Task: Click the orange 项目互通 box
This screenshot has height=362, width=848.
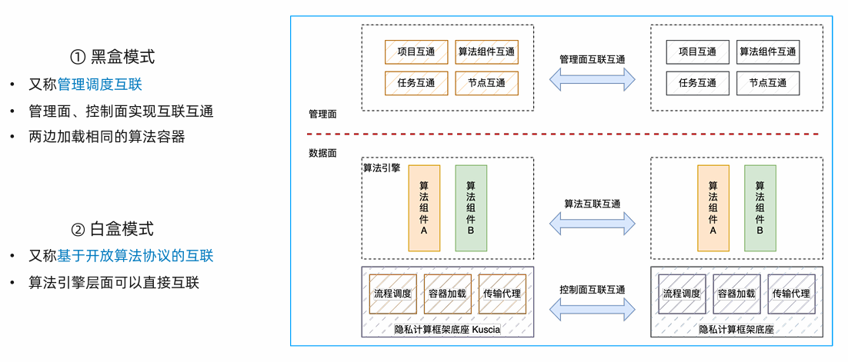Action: point(416,52)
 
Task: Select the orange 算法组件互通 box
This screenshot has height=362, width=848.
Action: point(486,52)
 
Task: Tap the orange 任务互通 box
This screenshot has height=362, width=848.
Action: point(416,83)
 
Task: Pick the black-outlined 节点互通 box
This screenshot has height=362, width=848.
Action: point(767,83)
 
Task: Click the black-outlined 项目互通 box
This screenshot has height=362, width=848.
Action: point(697,52)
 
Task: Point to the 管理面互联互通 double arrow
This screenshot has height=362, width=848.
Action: point(592,78)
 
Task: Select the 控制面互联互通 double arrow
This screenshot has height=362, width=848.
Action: point(592,308)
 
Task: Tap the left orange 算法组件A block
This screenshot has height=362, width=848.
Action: point(424,208)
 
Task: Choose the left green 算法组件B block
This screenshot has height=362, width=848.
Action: point(471,208)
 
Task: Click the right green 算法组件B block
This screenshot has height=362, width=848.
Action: point(760,208)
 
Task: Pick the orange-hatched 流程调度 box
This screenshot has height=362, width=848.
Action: point(392,294)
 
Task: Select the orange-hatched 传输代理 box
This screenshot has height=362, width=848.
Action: point(502,294)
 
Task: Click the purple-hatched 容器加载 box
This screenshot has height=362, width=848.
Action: point(736,294)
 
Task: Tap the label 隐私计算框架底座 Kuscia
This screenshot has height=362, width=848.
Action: point(447,330)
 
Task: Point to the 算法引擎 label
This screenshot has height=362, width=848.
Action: point(381,167)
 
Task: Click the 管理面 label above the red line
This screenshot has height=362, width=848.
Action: point(322,114)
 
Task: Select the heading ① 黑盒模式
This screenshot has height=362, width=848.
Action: point(112,56)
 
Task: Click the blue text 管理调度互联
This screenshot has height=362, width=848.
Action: point(99,85)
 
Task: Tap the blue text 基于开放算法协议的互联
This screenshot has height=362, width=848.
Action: point(135,256)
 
